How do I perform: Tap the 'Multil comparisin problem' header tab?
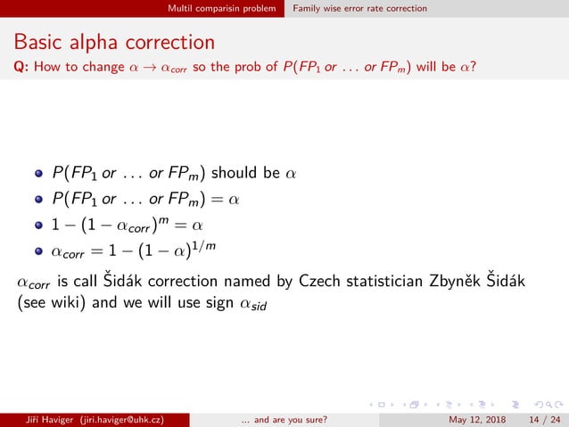pos(223,8)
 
